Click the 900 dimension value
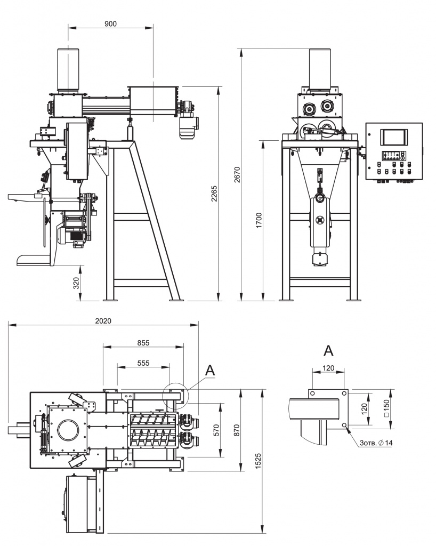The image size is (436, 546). point(110,23)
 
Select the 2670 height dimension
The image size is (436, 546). point(238,174)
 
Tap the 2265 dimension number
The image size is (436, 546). point(214,195)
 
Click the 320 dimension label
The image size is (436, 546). point(76,283)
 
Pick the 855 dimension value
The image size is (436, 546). point(143,343)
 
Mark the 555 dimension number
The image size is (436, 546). point(143,363)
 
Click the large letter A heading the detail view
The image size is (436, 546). point(329,351)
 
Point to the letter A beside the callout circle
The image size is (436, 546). point(211,370)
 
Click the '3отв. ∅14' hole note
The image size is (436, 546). point(376,443)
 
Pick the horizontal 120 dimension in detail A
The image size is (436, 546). point(328,368)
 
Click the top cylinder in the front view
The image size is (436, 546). point(68,69)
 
